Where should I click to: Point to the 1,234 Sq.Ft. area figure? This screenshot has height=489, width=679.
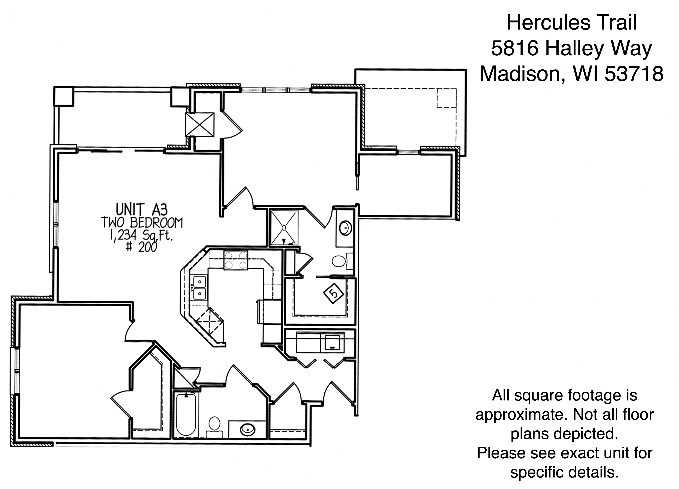point(142,236)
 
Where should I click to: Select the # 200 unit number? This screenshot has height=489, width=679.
point(142,247)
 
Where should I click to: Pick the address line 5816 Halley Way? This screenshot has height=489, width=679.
point(571,48)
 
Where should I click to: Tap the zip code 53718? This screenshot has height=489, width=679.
point(634,74)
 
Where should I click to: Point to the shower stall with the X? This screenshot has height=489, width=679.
point(284,228)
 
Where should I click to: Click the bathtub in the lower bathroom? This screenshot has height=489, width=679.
point(186,415)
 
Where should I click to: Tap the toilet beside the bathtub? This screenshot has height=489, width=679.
point(214,427)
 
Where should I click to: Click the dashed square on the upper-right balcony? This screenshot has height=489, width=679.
point(446,98)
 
